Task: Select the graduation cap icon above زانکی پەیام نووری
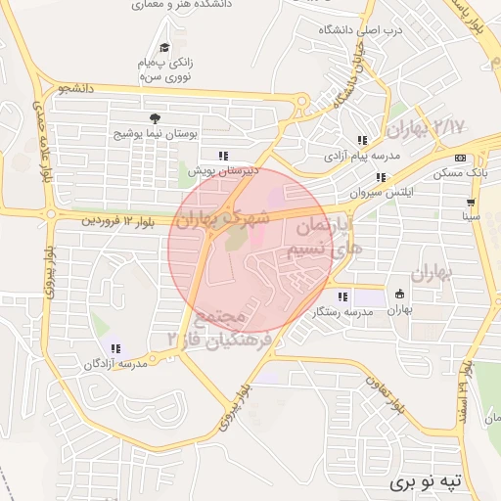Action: (164, 47)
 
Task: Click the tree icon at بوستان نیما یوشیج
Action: (155, 117)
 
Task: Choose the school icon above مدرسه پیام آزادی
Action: (363, 141)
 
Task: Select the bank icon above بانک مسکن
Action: (460, 158)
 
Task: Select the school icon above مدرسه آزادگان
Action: (115, 348)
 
